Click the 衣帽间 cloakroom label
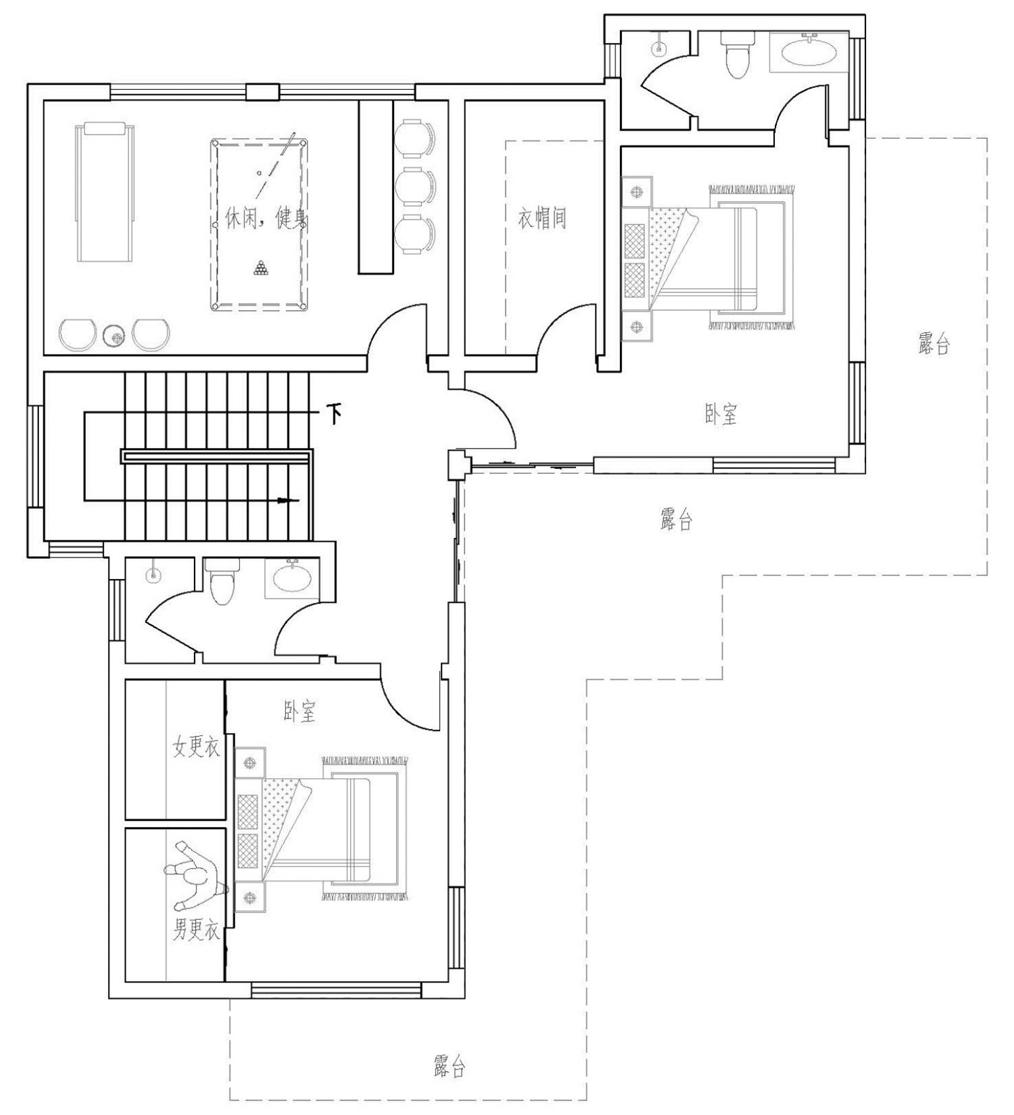[x=541, y=218]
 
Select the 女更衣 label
[x=196, y=747]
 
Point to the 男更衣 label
[x=196, y=931]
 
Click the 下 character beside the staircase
[x=335, y=415]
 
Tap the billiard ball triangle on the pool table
[x=260, y=268]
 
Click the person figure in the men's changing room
[x=195, y=875]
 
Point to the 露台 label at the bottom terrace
[x=449, y=1066]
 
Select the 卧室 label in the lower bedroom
[x=299, y=712]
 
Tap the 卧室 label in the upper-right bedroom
[x=720, y=414]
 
